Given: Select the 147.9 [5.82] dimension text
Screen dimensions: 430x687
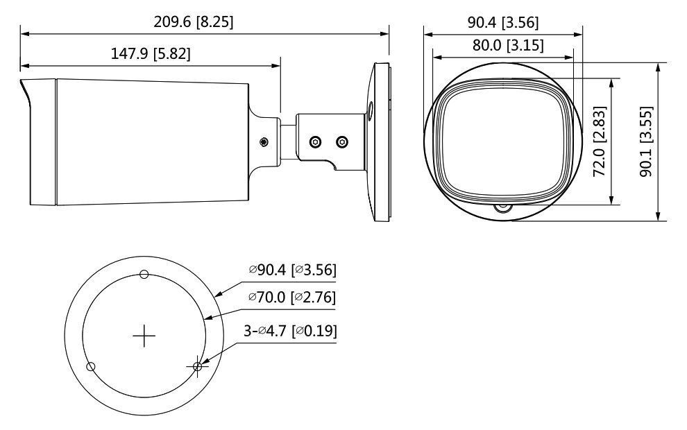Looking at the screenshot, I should click(x=151, y=54).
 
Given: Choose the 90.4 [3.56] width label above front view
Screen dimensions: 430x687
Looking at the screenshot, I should click(x=502, y=21).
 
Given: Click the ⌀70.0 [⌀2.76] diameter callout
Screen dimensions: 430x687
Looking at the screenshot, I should click(x=292, y=298).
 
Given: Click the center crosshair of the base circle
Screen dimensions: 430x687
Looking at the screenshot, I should click(x=144, y=336).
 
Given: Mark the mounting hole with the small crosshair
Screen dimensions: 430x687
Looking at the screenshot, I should click(x=198, y=366).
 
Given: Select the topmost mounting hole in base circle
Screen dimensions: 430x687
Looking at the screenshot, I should click(x=144, y=274).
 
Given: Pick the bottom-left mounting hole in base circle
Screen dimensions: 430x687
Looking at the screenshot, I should click(x=90, y=366).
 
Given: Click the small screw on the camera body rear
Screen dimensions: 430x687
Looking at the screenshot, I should click(x=264, y=142).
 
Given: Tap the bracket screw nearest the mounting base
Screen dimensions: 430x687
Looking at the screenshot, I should click(x=341, y=141).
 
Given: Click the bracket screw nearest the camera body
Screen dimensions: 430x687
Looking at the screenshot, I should click(x=315, y=141).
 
